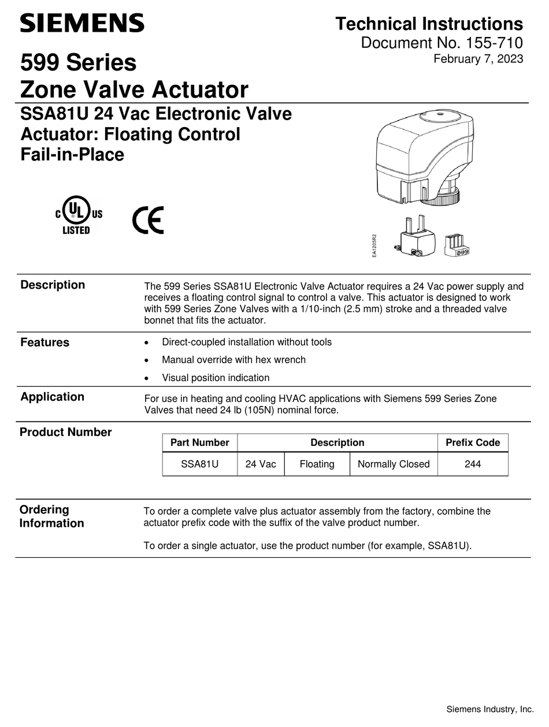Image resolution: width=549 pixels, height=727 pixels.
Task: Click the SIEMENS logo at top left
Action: pos(82,23)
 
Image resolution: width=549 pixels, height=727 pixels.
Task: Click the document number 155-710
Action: pos(442,43)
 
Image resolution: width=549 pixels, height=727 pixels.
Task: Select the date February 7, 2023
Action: pos(478,59)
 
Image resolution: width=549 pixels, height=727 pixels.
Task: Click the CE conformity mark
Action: pos(148,220)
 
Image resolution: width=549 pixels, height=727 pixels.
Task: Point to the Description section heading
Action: pos(53,285)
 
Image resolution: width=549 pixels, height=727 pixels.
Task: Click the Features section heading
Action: pos(44,342)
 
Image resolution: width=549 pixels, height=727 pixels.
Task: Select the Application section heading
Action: pos(52,397)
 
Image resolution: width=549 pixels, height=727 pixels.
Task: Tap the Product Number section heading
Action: pos(65,432)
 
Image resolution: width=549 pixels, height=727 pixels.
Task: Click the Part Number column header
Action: pos(199,443)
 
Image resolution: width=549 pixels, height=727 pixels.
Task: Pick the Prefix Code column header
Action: pos(473,443)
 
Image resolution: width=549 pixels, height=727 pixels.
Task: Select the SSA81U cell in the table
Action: pos(199,464)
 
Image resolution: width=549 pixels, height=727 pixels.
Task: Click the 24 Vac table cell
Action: pos(261,464)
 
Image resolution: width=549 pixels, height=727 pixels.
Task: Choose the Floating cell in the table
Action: pos(317,464)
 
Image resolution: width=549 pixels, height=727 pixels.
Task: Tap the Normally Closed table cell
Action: pos(394,464)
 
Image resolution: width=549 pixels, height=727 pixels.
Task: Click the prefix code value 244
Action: pos(473,464)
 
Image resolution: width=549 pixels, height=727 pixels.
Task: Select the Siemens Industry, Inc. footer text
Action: pos(489,709)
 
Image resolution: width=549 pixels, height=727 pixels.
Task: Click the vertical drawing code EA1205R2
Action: pos(374,245)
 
